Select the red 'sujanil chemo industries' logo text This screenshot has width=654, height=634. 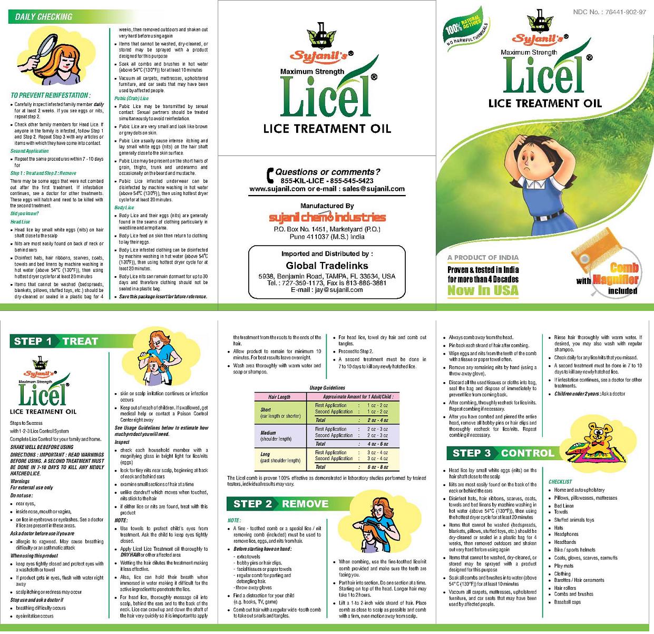click(327, 218)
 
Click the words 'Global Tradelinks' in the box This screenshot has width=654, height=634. click(327, 266)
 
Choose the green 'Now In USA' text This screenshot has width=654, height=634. click(483, 290)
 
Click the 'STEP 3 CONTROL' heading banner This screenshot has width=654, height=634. click(503, 453)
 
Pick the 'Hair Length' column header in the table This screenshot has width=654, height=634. click(279, 397)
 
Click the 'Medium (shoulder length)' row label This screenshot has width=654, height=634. click(276, 435)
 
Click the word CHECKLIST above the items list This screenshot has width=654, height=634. click(560, 482)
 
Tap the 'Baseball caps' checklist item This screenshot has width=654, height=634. click(567, 602)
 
